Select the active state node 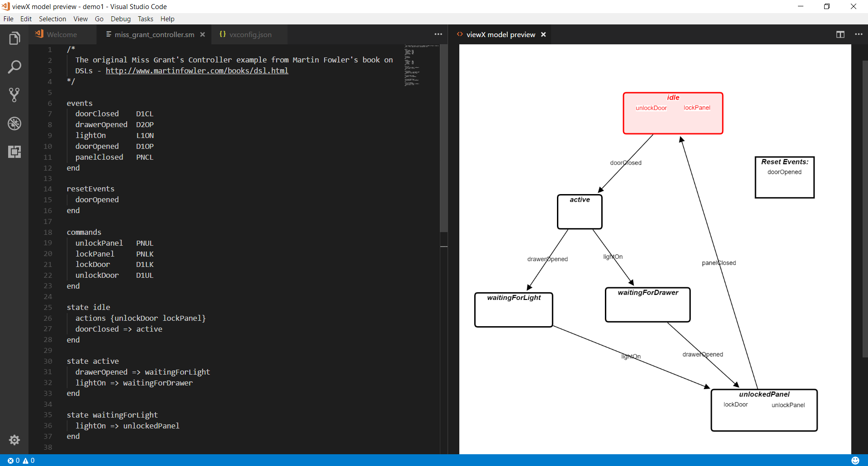[580, 213]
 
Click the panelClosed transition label [719, 263]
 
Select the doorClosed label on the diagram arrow [626, 163]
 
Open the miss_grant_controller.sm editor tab [154, 35]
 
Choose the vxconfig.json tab [250, 35]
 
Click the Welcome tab [61, 35]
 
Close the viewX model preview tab [543, 35]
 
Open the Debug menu [120, 19]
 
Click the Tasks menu [145, 19]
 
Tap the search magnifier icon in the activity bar [14, 67]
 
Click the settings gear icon [14, 440]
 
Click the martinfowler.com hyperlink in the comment [197, 71]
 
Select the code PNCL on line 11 [145, 157]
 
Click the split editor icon [840, 35]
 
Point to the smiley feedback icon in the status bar [855, 461]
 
